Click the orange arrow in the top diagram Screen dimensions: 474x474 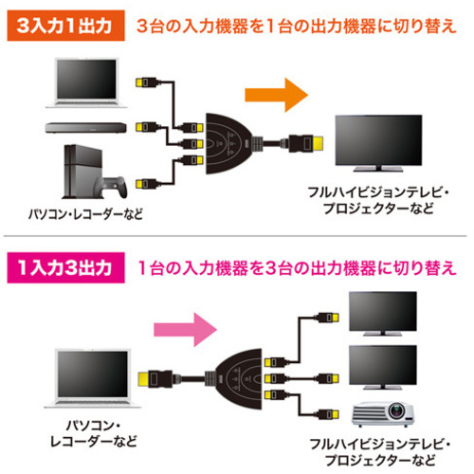tap(276, 95)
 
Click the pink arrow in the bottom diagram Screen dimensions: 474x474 tap(185, 330)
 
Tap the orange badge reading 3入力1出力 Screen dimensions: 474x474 tap(65, 26)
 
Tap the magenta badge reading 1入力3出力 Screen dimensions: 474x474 tap(65, 267)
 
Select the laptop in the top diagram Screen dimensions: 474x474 tap(86, 83)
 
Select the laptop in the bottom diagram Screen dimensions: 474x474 tap(92, 378)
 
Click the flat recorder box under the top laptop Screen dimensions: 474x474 tap(85, 128)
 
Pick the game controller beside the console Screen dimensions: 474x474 tap(115, 187)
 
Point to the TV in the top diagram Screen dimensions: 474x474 tap(378, 143)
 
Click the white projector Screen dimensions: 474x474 tap(383, 414)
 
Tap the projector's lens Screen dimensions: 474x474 tap(396, 410)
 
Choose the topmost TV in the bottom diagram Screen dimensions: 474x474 tap(383, 314)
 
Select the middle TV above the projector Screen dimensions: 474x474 tap(383, 367)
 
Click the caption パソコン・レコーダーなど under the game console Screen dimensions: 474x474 tap(85, 214)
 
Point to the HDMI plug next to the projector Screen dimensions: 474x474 tap(328, 414)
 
